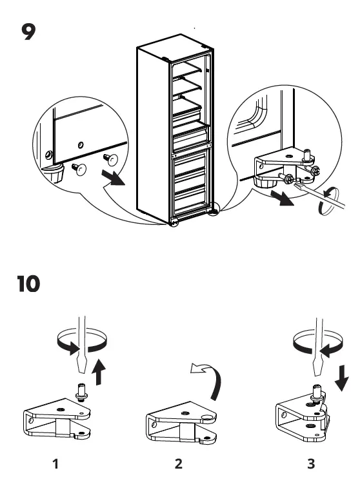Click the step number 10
click(28, 283)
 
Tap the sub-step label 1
click(56, 463)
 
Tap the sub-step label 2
click(178, 463)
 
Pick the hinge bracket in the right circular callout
click(277, 161)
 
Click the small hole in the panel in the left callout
click(79, 144)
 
